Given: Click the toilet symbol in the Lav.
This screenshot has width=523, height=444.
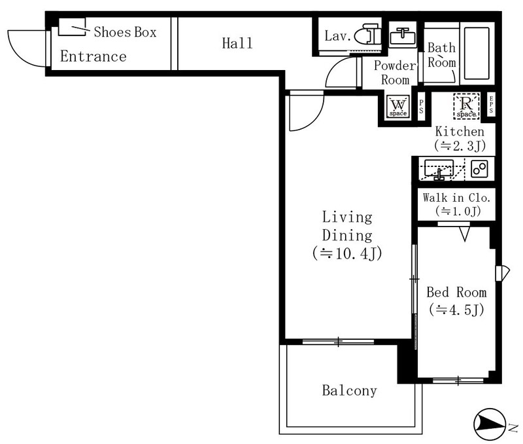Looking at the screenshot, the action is [x=367, y=34].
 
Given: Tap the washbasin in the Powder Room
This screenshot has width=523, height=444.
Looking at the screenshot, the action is [x=403, y=35].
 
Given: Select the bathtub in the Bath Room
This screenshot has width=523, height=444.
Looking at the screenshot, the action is [x=477, y=54].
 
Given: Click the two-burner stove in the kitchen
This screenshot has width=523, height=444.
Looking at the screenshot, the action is [x=480, y=169].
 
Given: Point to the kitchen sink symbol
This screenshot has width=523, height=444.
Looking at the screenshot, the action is [x=439, y=169].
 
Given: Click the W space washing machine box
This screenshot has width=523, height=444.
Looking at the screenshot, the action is [x=398, y=106].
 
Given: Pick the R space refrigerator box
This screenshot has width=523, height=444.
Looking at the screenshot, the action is [x=466, y=106].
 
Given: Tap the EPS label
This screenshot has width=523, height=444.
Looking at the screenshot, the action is [x=491, y=104].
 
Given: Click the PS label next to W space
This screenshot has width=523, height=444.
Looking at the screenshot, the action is [x=421, y=106].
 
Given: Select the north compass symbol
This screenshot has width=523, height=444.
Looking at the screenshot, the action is [x=490, y=424].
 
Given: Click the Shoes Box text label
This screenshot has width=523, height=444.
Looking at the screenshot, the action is [x=125, y=32].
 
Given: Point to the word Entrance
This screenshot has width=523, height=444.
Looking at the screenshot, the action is [x=93, y=56].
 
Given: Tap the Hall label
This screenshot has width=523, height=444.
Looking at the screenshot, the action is [x=237, y=43].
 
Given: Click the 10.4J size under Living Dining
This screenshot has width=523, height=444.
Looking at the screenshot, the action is [x=347, y=253].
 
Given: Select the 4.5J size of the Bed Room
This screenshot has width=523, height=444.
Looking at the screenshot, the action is [x=456, y=310].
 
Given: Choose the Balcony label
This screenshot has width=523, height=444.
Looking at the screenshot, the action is [x=350, y=390].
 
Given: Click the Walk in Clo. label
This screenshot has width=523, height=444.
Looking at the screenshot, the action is [x=456, y=198].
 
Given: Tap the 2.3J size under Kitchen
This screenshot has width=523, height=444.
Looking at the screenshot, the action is [x=460, y=145].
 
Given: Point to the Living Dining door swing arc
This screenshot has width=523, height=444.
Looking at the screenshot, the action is [x=314, y=117].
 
